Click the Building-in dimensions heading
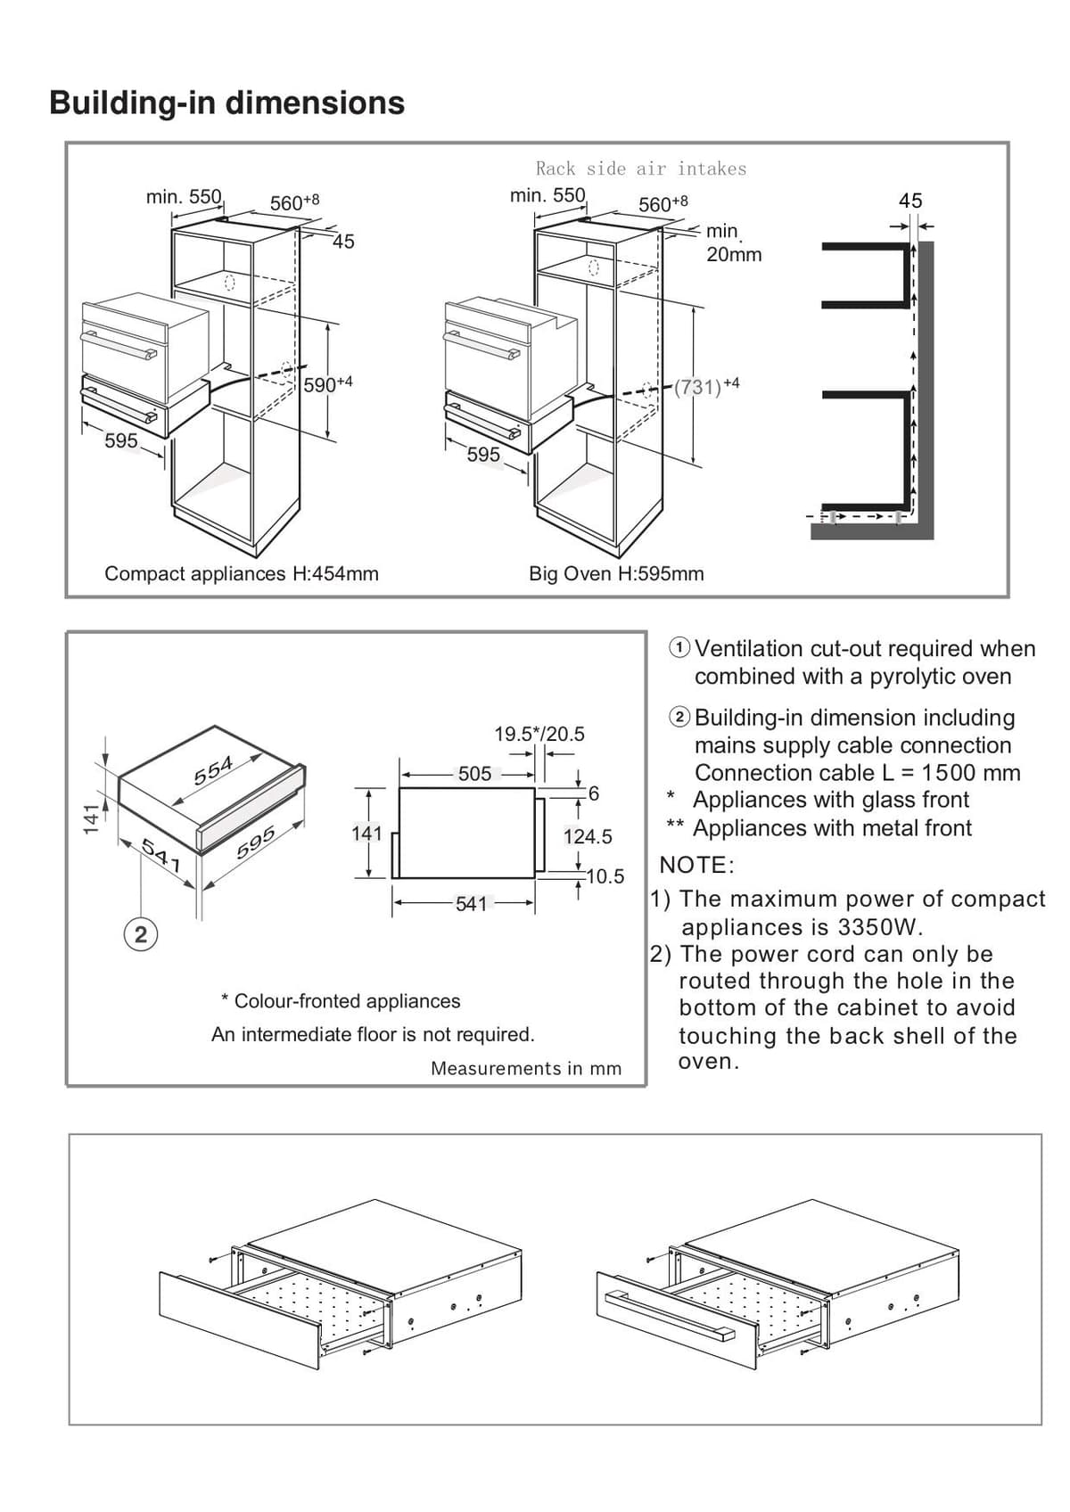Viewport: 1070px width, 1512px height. click(226, 103)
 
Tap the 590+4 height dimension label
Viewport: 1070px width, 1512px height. click(328, 384)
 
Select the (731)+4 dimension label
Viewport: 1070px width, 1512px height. click(707, 386)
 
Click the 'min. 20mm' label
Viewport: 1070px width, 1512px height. click(733, 242)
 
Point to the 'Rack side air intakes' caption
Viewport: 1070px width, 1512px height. click(641, 168)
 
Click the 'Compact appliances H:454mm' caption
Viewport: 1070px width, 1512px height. click(241, 573)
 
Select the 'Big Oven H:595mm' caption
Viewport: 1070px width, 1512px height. click(616, 573)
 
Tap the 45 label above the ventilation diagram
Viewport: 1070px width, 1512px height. click(910, 201)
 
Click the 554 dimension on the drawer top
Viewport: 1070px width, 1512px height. click(214, 770)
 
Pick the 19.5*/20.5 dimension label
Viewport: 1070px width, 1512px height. click(539, 734)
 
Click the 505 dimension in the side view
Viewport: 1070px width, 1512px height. click(474, 774)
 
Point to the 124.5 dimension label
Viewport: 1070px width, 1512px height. click(588, 836)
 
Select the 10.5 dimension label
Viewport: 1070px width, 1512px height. click(605, 876)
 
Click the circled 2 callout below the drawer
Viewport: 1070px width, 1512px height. click(140, 934)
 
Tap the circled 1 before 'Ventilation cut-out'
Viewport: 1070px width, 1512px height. click(679, 648)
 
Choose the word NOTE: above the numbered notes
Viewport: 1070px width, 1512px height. click(696, 865)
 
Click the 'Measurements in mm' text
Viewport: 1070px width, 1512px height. click(526, 1069)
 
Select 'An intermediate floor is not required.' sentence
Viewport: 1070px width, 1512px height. click(373, 1034)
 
